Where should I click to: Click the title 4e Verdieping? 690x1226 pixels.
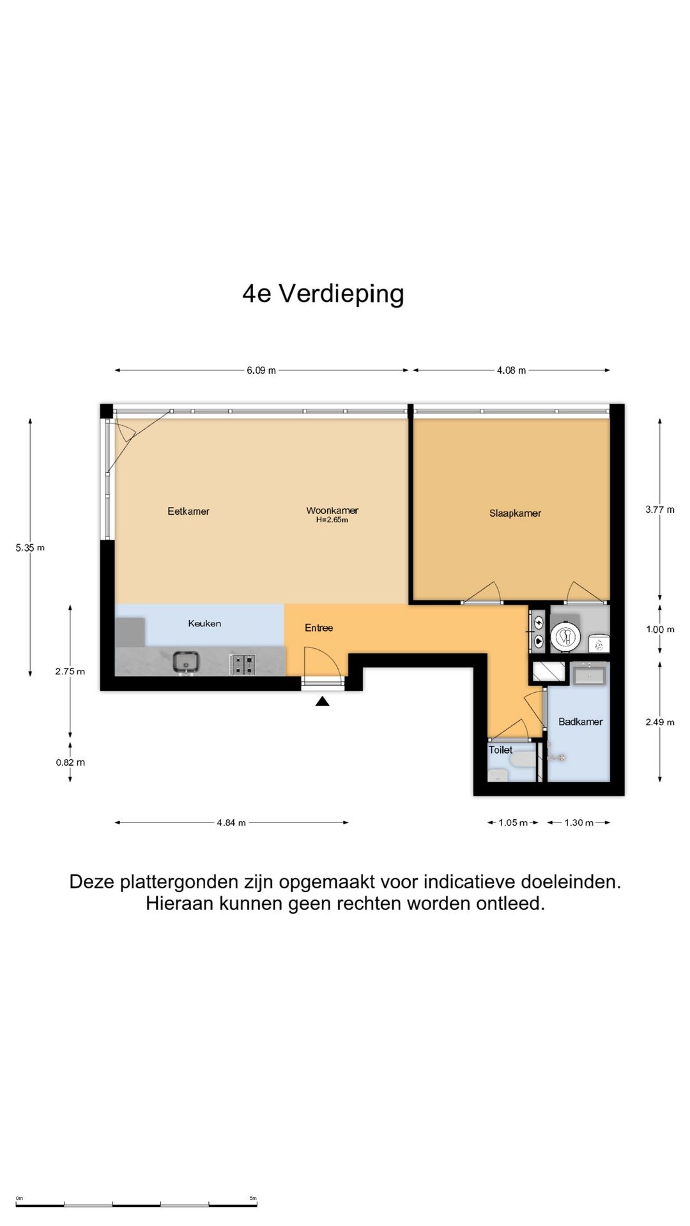point(323,294)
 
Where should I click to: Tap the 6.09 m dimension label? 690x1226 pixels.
point(261,370)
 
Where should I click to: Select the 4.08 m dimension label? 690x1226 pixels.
point(511,370)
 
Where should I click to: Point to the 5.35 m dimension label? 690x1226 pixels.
point(30,548)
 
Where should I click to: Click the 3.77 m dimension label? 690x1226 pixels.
point(659,510)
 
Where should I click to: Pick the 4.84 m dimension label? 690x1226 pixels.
point(231,823)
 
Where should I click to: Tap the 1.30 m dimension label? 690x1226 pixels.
point(578,823)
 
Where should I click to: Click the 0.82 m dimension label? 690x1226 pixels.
point(70,762)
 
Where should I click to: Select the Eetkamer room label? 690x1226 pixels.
point(188,511)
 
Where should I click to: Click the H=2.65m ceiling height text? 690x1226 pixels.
point(332,520)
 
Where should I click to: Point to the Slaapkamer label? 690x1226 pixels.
point(515,513)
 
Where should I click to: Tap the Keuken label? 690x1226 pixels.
point(204,624)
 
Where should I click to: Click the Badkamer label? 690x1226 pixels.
point(580,722)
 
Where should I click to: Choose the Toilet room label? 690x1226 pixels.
point(500,750)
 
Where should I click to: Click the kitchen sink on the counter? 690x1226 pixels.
point(186,662)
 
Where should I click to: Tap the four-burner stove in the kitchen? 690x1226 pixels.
point(242,664)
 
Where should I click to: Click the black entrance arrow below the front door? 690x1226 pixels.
point(323,702)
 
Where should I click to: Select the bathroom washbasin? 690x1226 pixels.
point(589,674)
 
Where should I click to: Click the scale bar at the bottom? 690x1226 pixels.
point(137,1204)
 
